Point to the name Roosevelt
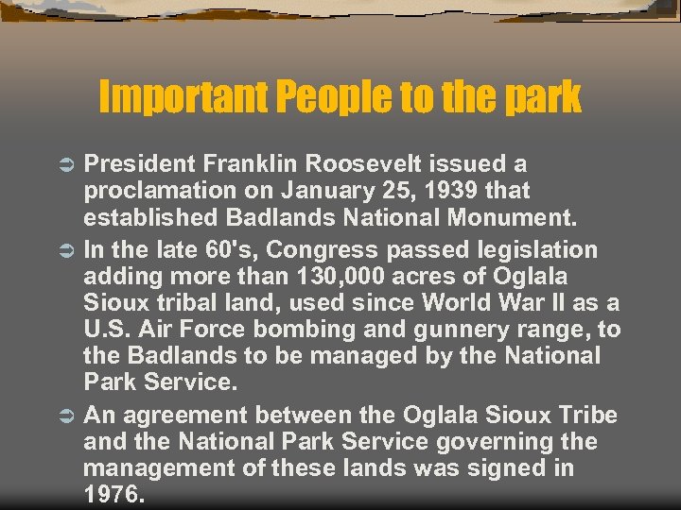374,164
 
